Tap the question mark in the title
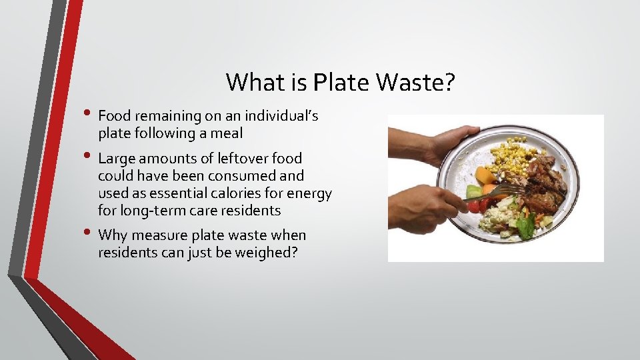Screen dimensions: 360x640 click(449, 83)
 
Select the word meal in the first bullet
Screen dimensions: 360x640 click(227, 133)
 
